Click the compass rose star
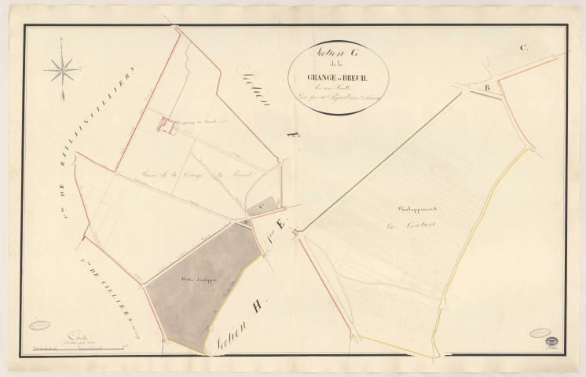(62, 71)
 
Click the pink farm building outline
(166, 126)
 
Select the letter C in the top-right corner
(522, 47)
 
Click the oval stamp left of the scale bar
(38, 324)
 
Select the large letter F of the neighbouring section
(293, 141)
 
